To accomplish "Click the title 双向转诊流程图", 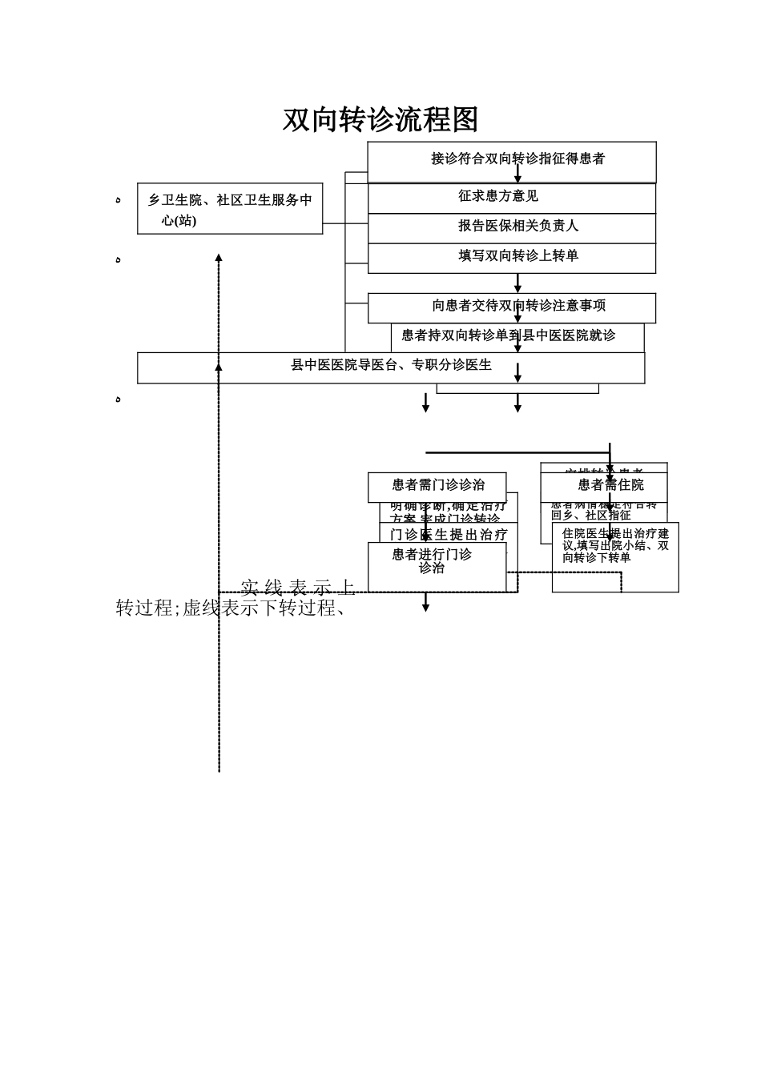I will click(x=380, y=120).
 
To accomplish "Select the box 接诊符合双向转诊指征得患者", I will click(x=517, y=159).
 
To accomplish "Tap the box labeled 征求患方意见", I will click(x=498, y=196).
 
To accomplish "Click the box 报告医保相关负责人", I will click(x=517, y=227).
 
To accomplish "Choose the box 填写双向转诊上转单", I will click(x=517, y=256).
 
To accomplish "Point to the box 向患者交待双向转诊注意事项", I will click(x=517, y=306).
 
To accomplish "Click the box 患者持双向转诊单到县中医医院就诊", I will click(x=509, y=335).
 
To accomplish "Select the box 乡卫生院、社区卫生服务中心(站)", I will click(x=230, y=209).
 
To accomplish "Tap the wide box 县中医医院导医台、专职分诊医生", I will click(x=391, y=366).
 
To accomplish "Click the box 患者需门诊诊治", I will click(x=437, y=485).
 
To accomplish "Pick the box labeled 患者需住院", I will click(x=610, y=485).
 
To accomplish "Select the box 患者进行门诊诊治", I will click(x=433, y=561).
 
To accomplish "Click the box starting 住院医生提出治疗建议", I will click(x=615, y=546).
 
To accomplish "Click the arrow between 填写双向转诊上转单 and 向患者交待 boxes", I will click(x=517, y=283).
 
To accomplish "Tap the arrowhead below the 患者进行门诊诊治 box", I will click(x=425, y=607).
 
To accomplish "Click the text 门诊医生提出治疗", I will click(x=449, y=535).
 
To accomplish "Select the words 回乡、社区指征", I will click(x=591, y=516).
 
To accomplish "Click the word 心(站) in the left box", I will click(x=179, y=221).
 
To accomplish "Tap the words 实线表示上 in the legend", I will click(x=297, y=588).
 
